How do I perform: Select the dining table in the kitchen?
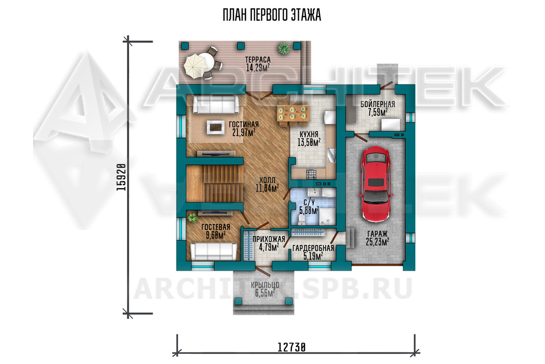(293, 113)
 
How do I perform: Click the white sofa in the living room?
(216, 104)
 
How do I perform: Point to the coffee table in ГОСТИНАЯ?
(215, 127)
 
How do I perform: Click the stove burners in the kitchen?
(311, 174)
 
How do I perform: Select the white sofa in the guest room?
(214, 252)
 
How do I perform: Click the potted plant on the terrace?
(284, 48)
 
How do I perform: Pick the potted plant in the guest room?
(192, 218)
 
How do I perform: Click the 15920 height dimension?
(121, 177)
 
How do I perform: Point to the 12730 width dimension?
(291, 347)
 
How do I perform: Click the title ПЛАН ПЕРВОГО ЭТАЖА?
(272, 15)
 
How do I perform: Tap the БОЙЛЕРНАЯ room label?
(378, 104)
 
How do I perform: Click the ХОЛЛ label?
(267, 181)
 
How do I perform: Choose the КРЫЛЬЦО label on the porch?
(265, 285)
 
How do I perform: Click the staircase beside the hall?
(215, 184)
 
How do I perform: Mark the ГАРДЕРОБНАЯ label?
(313, 248)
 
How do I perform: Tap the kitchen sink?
(331, 155)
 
